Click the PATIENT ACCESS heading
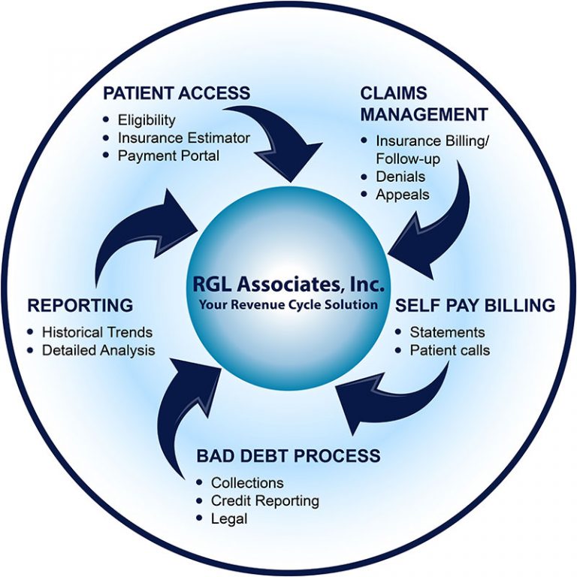(177, 93)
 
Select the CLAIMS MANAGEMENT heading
(424, 104)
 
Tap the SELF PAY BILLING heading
(476, 305)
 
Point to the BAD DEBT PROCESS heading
(288, 456)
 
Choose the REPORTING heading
(80, 305)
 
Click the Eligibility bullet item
(147, 119)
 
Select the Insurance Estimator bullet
(183, 137)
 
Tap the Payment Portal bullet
(168, 156)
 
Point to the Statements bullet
(447, 332)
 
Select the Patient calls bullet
(449, 350)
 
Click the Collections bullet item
(247, 482)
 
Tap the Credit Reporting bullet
(264, 500)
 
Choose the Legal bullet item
(229, 518)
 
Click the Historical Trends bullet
(97, 332)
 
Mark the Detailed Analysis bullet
(98, 350)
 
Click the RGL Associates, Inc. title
(288, 285)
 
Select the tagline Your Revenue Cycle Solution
(288, 304)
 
